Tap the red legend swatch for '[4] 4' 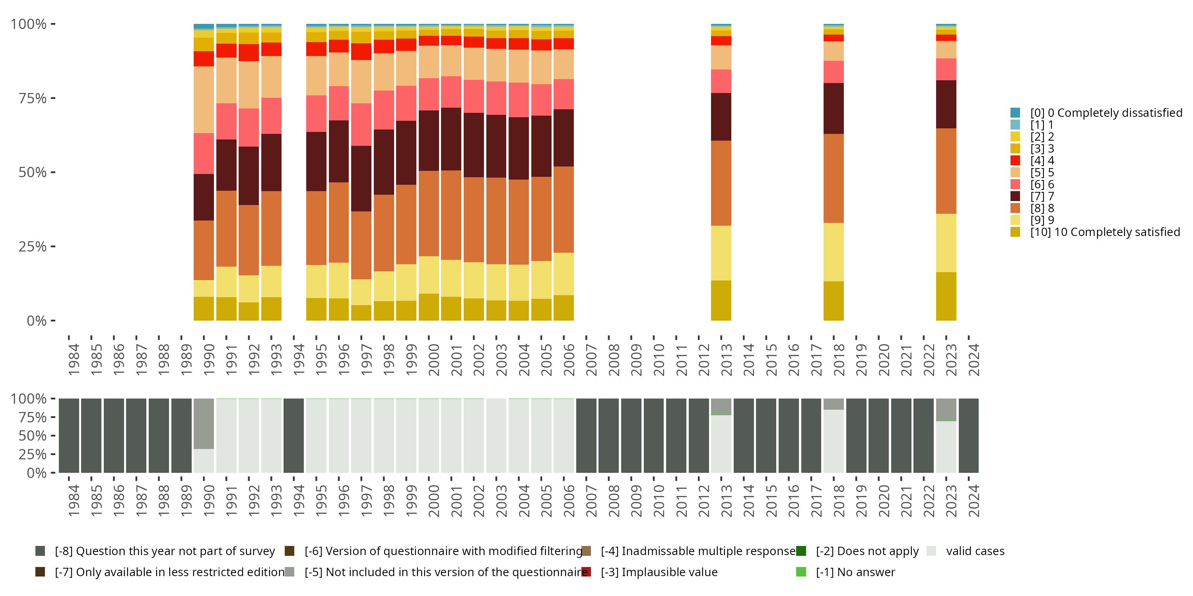[1015, 161]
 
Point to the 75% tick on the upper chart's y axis [53, 98]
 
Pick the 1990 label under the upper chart [209, 360]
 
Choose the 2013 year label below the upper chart [726, 360]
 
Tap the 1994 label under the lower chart [299, 501]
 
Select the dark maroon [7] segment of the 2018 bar [834, 108]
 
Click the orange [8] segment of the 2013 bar [721, 183]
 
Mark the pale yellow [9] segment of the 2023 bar [946, 243]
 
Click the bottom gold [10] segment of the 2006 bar [563, 308]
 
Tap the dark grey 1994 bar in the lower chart [293, 435]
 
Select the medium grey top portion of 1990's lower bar [204, 424]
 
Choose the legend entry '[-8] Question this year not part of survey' [164, 551]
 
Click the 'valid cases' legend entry [975, 551]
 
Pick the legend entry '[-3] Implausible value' [659, 573]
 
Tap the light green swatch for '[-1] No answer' [801, 573]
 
